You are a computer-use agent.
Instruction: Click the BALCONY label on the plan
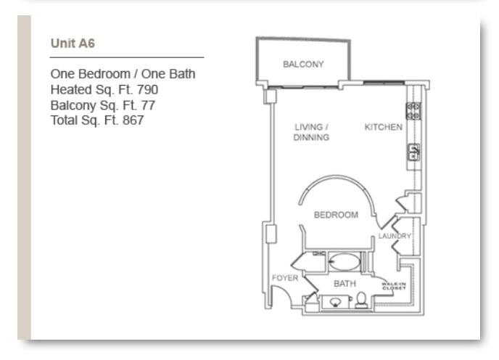305,64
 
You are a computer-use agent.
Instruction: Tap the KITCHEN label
383,127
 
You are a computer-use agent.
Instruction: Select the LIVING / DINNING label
312,132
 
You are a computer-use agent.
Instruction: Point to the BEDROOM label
335,215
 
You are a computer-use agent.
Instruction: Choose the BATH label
344,284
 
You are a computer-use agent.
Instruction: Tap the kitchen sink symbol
413,152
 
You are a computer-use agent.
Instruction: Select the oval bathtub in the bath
344,261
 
